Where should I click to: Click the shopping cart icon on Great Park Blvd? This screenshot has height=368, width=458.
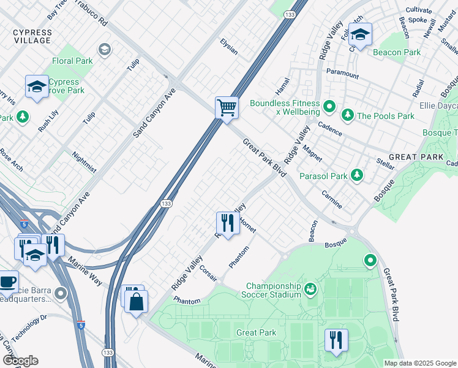pyautogui.click(x=227, y=108)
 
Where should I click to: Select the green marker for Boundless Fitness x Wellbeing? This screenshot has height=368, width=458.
pyautogui.click(x=329, y=108)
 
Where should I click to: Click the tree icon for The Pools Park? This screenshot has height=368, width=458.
pyautogui.click(x=348, y=115)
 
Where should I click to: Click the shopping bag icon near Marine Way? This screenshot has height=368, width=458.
pyautogui.click(x=137, y=301)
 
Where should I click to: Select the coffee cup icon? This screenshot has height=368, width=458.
pyautogui.click(x=8, y=282)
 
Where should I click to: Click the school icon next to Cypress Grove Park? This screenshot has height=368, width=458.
pyautogui.click(x=37, y=87)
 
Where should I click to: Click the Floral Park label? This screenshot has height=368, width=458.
pyautogui.click(x=73, y=61)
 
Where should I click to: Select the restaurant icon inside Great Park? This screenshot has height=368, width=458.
pyautogui.click(x=336, y=340)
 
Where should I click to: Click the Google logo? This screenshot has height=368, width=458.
pyautogui.click(x=20, y=361)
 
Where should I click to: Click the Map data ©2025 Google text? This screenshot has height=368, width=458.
pyautogui.click(x=420, y=363)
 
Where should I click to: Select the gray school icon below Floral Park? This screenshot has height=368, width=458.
pyautogui.click(x=105, y=49)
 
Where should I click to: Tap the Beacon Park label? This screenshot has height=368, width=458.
pyautogui.click(x=397, y=52)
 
